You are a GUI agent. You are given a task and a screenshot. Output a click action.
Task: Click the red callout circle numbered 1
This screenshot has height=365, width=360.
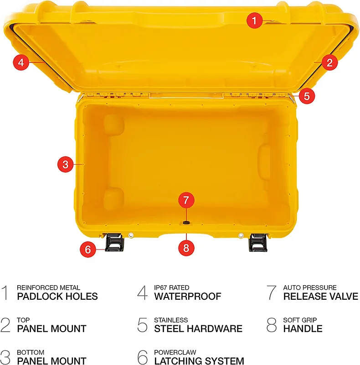coord(254,21)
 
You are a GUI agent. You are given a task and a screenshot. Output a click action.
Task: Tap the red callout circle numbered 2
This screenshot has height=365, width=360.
coord(329,63)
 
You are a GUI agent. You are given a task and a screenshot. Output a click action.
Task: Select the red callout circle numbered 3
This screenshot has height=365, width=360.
coord(65,164)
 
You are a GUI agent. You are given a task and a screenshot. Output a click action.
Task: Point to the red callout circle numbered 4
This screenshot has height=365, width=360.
coord(21,62)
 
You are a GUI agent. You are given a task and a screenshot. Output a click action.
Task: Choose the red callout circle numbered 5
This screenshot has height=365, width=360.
coord(307,96)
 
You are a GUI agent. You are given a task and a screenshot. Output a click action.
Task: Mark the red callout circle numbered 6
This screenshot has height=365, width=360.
coord(87,249)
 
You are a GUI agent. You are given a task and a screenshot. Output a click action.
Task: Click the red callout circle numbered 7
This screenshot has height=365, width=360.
coord(186,200)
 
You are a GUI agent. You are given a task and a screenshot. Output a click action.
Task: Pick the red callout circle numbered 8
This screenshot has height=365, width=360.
coord(186,248)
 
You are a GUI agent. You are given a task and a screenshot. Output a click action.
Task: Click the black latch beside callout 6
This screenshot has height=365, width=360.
coord(114,242)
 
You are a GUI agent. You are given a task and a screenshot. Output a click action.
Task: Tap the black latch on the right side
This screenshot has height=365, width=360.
coord(258,243)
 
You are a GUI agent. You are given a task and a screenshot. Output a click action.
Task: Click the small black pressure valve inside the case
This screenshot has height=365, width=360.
coord(186,223)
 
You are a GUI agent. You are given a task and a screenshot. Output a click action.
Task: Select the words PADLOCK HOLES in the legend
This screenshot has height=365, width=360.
coord(57,296)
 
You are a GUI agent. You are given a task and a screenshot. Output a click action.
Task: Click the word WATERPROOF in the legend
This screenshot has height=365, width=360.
coord(188,296)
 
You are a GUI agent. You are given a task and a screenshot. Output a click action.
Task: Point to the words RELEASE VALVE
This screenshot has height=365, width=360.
coord(321,296)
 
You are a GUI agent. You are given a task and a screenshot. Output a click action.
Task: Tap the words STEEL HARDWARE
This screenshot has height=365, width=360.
coord(198,328)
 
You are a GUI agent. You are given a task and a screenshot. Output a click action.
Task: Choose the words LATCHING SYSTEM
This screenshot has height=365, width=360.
coord(199,360)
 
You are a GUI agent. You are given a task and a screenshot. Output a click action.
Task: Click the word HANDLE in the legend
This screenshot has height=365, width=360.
coord(303,328)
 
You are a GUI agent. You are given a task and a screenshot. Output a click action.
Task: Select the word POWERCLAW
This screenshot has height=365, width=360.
coord(175,352)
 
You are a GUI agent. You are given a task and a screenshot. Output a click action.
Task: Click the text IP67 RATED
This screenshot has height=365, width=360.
coord(172,288)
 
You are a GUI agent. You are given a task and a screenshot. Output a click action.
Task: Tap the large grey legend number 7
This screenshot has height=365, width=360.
coord(272,292)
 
